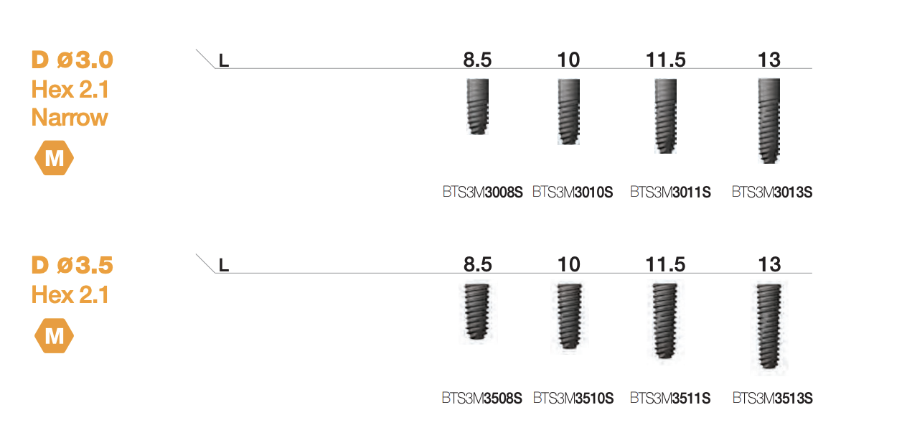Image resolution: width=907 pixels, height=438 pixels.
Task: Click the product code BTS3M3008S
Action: pyautogui.click(x=483, y=192)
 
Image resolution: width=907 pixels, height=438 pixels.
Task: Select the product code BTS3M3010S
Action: pyautogui.click(x=573, y=192)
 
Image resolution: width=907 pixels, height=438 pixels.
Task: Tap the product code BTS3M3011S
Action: pyautogui.click(x=670, y=192)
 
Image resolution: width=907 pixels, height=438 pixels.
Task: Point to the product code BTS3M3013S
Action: pyautogui.click(x=772, y=192)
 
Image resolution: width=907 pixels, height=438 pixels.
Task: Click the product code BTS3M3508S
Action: pyautogui.click(x=482, y=399)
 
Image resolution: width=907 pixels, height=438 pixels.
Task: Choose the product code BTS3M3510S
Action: pyautogui.click(x=573, y=399)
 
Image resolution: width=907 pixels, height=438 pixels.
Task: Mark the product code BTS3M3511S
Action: pyautogui.click(x=670, y=399)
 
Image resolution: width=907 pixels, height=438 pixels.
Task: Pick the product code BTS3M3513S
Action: pyautogui.click(x=773, y=399)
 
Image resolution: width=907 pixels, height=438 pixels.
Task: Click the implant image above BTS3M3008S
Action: pyautogui.click(x=478, y=106)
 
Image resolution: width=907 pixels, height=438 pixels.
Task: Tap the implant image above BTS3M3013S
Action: pyautogui.click(x=769, y=121)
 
